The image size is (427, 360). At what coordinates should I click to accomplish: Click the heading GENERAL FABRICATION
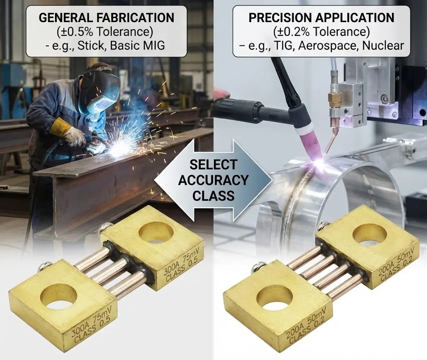pos(106,18)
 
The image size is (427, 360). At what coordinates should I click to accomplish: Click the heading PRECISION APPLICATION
pos(322,18)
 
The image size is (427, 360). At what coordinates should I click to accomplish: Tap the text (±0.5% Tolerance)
pos(105,32)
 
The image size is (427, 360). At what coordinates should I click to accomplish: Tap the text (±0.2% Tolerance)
pos(322,32)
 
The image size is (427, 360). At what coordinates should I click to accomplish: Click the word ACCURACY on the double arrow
pos(213,180)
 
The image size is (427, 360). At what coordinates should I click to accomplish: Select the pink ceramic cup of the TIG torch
pos(310,139)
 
